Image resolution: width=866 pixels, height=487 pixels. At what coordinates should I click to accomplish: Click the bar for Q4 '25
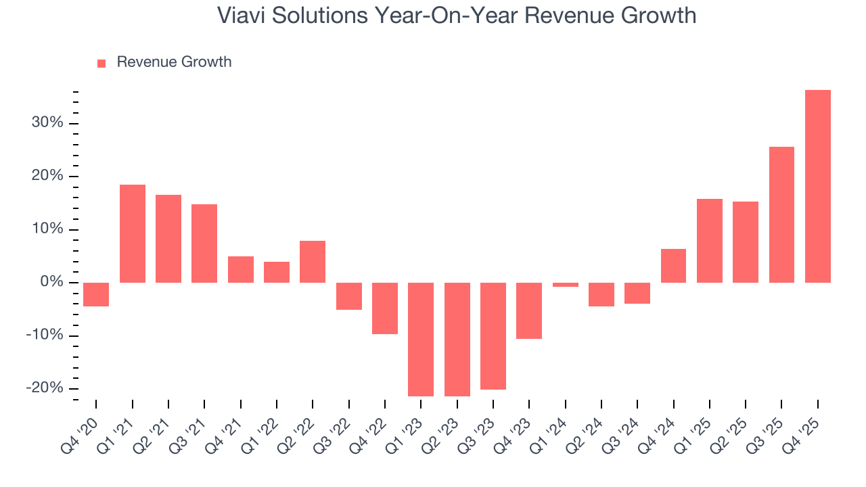pyautogui.click(x=817, y=186)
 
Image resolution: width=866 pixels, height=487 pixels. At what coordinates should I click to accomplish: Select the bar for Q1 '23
pyautogui.click(x=421, y=339)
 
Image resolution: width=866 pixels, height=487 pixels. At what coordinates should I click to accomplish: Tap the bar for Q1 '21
pyautogui.click(x=133, y=233)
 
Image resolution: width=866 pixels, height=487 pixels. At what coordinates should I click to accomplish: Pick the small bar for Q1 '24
pyautogui.click(x=565, y=285)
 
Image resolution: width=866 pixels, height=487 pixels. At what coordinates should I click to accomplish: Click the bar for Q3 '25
pyautogui.click(x=781, y=214)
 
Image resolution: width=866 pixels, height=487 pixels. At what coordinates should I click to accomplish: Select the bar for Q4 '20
pyautogui.click(x=96, y=294)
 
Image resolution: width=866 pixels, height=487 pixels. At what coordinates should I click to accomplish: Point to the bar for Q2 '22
pyautogui.click(x=313, y=262)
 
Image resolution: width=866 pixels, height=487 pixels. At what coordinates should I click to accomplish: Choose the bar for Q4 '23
pyautogui.click(x=529, y=310)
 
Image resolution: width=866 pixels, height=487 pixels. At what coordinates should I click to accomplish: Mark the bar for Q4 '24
pyautogui.click(x=673, y=266)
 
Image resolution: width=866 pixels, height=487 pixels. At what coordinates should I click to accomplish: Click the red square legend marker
pyautogui.click(x=101, y=64)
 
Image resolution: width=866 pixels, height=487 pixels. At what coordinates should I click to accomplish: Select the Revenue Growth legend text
pyautogui.click(x=174, y=62)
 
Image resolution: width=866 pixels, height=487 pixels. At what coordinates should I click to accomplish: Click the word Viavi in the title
pyautogui.click(x=242, y=16)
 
